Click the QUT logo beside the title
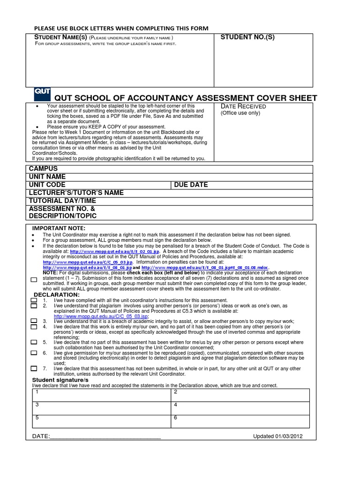click(42, 93)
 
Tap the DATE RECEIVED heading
click(243, 106)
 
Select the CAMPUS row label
click(43, 168)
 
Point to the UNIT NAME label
click(47, 177)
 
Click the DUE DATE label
click(191, 185)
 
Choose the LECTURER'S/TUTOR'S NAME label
click(76, 193)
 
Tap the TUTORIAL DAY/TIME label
click(62, 201)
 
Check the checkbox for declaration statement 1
click(34, 300)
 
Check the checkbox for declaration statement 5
click(34, 342)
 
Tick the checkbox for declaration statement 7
click(34, 368)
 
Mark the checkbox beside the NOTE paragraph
click(34, 279)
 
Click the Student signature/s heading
click(60, 380)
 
